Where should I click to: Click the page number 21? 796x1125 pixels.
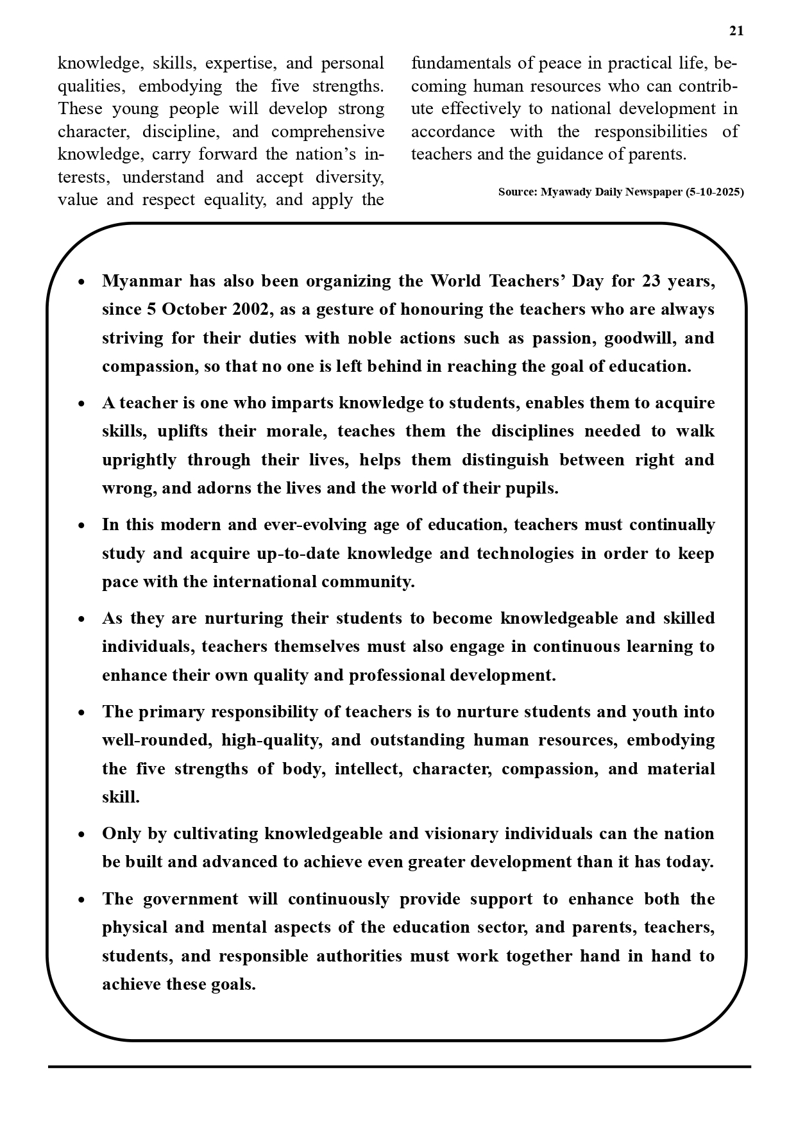pyautogui.click(x=736, y=31)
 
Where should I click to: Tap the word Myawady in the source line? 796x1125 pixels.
pyautogui.click(x=564, y=192)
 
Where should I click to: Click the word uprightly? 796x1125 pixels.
pyautogui.click(x=139, y=460)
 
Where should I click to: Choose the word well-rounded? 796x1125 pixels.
pyautogui.click(x=156, y=740)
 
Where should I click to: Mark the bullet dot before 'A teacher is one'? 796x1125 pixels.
pyautogui.click(x=81, y=404)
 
